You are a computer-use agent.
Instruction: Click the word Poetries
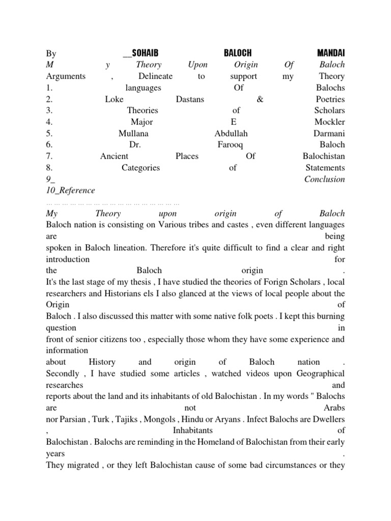point(330,99)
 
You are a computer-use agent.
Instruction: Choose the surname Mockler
point(329,122)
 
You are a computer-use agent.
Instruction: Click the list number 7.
point(48,156)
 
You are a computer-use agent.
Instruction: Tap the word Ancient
point(114,156)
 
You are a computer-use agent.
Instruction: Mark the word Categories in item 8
point(141,168)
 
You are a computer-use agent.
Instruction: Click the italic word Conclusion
point(324,179)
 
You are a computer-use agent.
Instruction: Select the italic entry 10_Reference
point(70,191)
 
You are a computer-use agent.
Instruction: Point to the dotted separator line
point(113,202)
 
